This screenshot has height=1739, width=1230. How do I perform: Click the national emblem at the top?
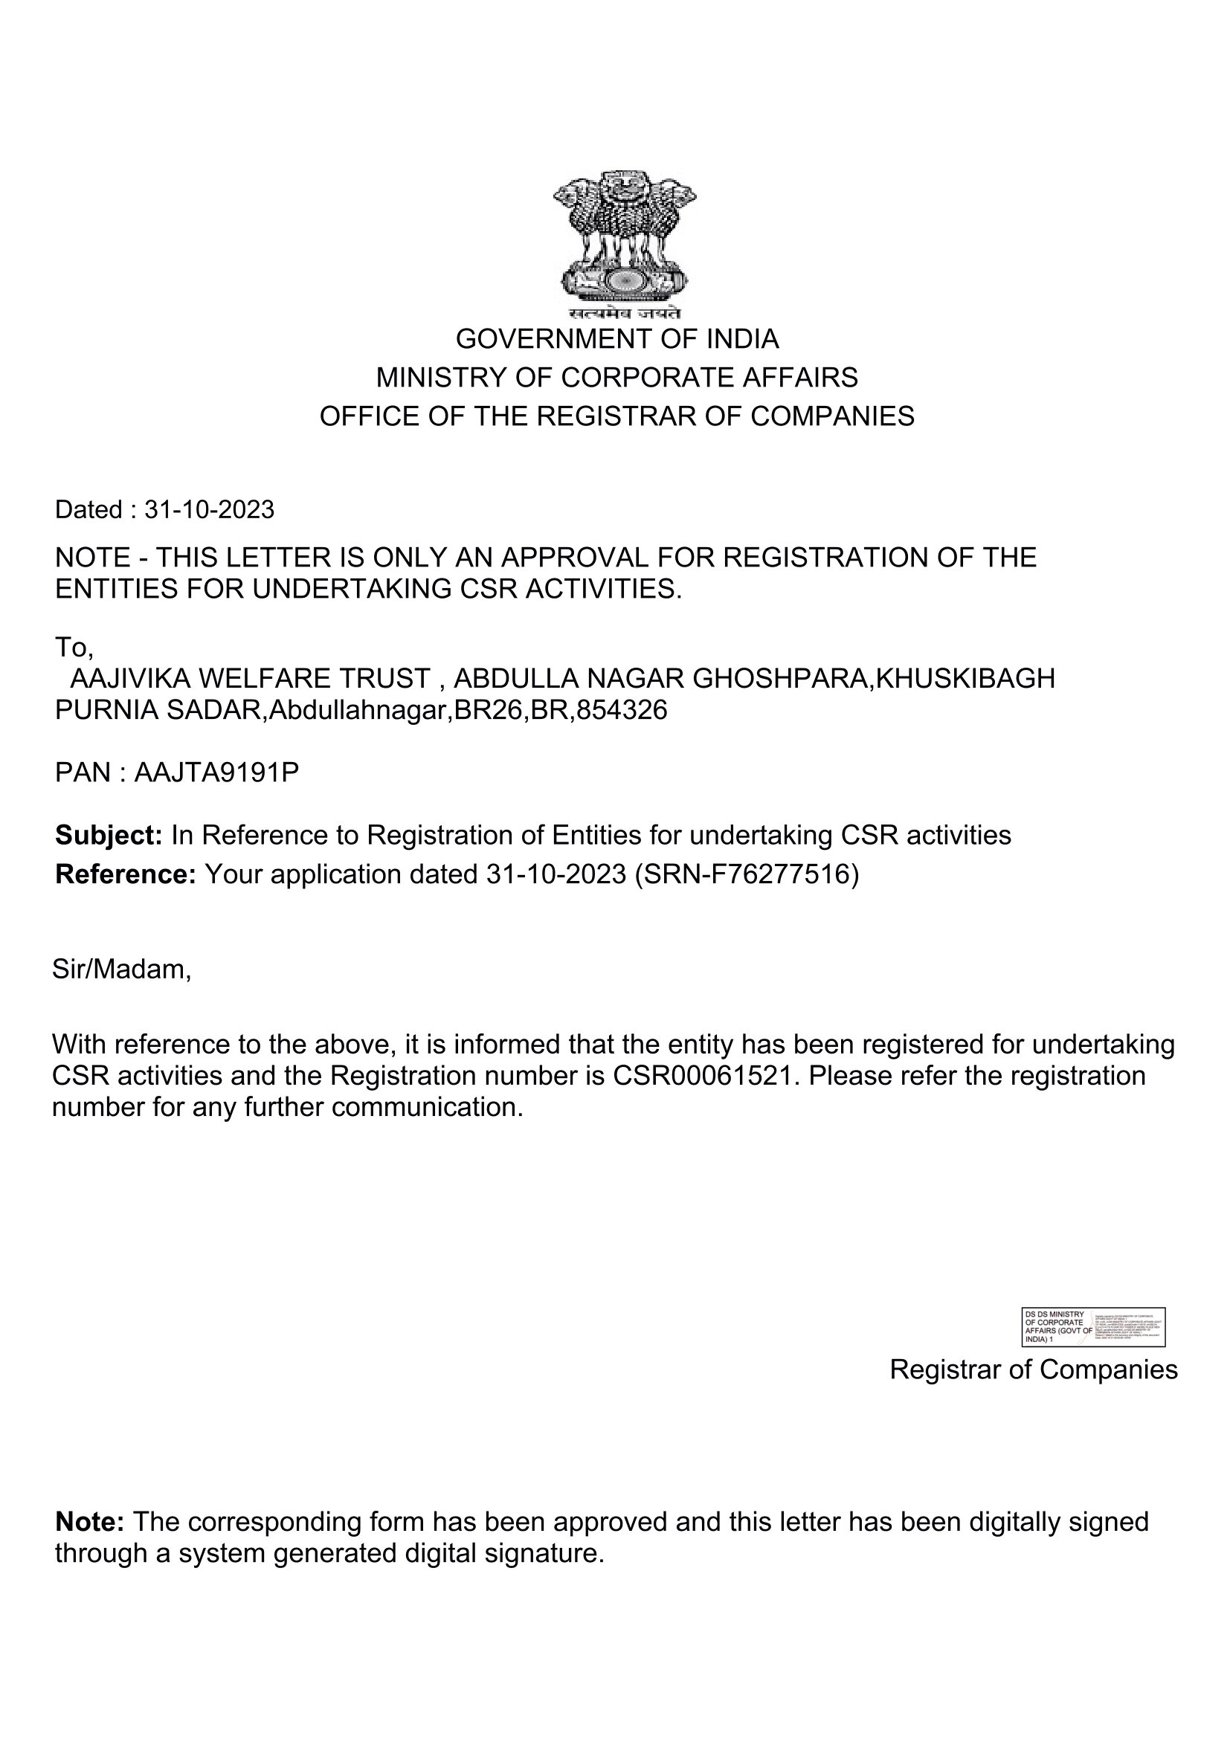624,236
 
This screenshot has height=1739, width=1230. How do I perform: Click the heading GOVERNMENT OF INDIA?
616,338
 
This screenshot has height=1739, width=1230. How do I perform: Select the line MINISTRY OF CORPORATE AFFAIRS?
616,377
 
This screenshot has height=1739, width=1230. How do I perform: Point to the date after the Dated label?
209,510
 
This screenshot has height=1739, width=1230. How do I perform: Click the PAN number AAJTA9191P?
216,772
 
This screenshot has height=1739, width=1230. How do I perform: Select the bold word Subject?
109,836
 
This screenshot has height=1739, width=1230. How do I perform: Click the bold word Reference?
126,874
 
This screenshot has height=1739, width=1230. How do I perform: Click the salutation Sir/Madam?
121,969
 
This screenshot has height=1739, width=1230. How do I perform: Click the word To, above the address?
74,647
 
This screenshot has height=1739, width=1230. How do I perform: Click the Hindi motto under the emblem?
625,314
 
